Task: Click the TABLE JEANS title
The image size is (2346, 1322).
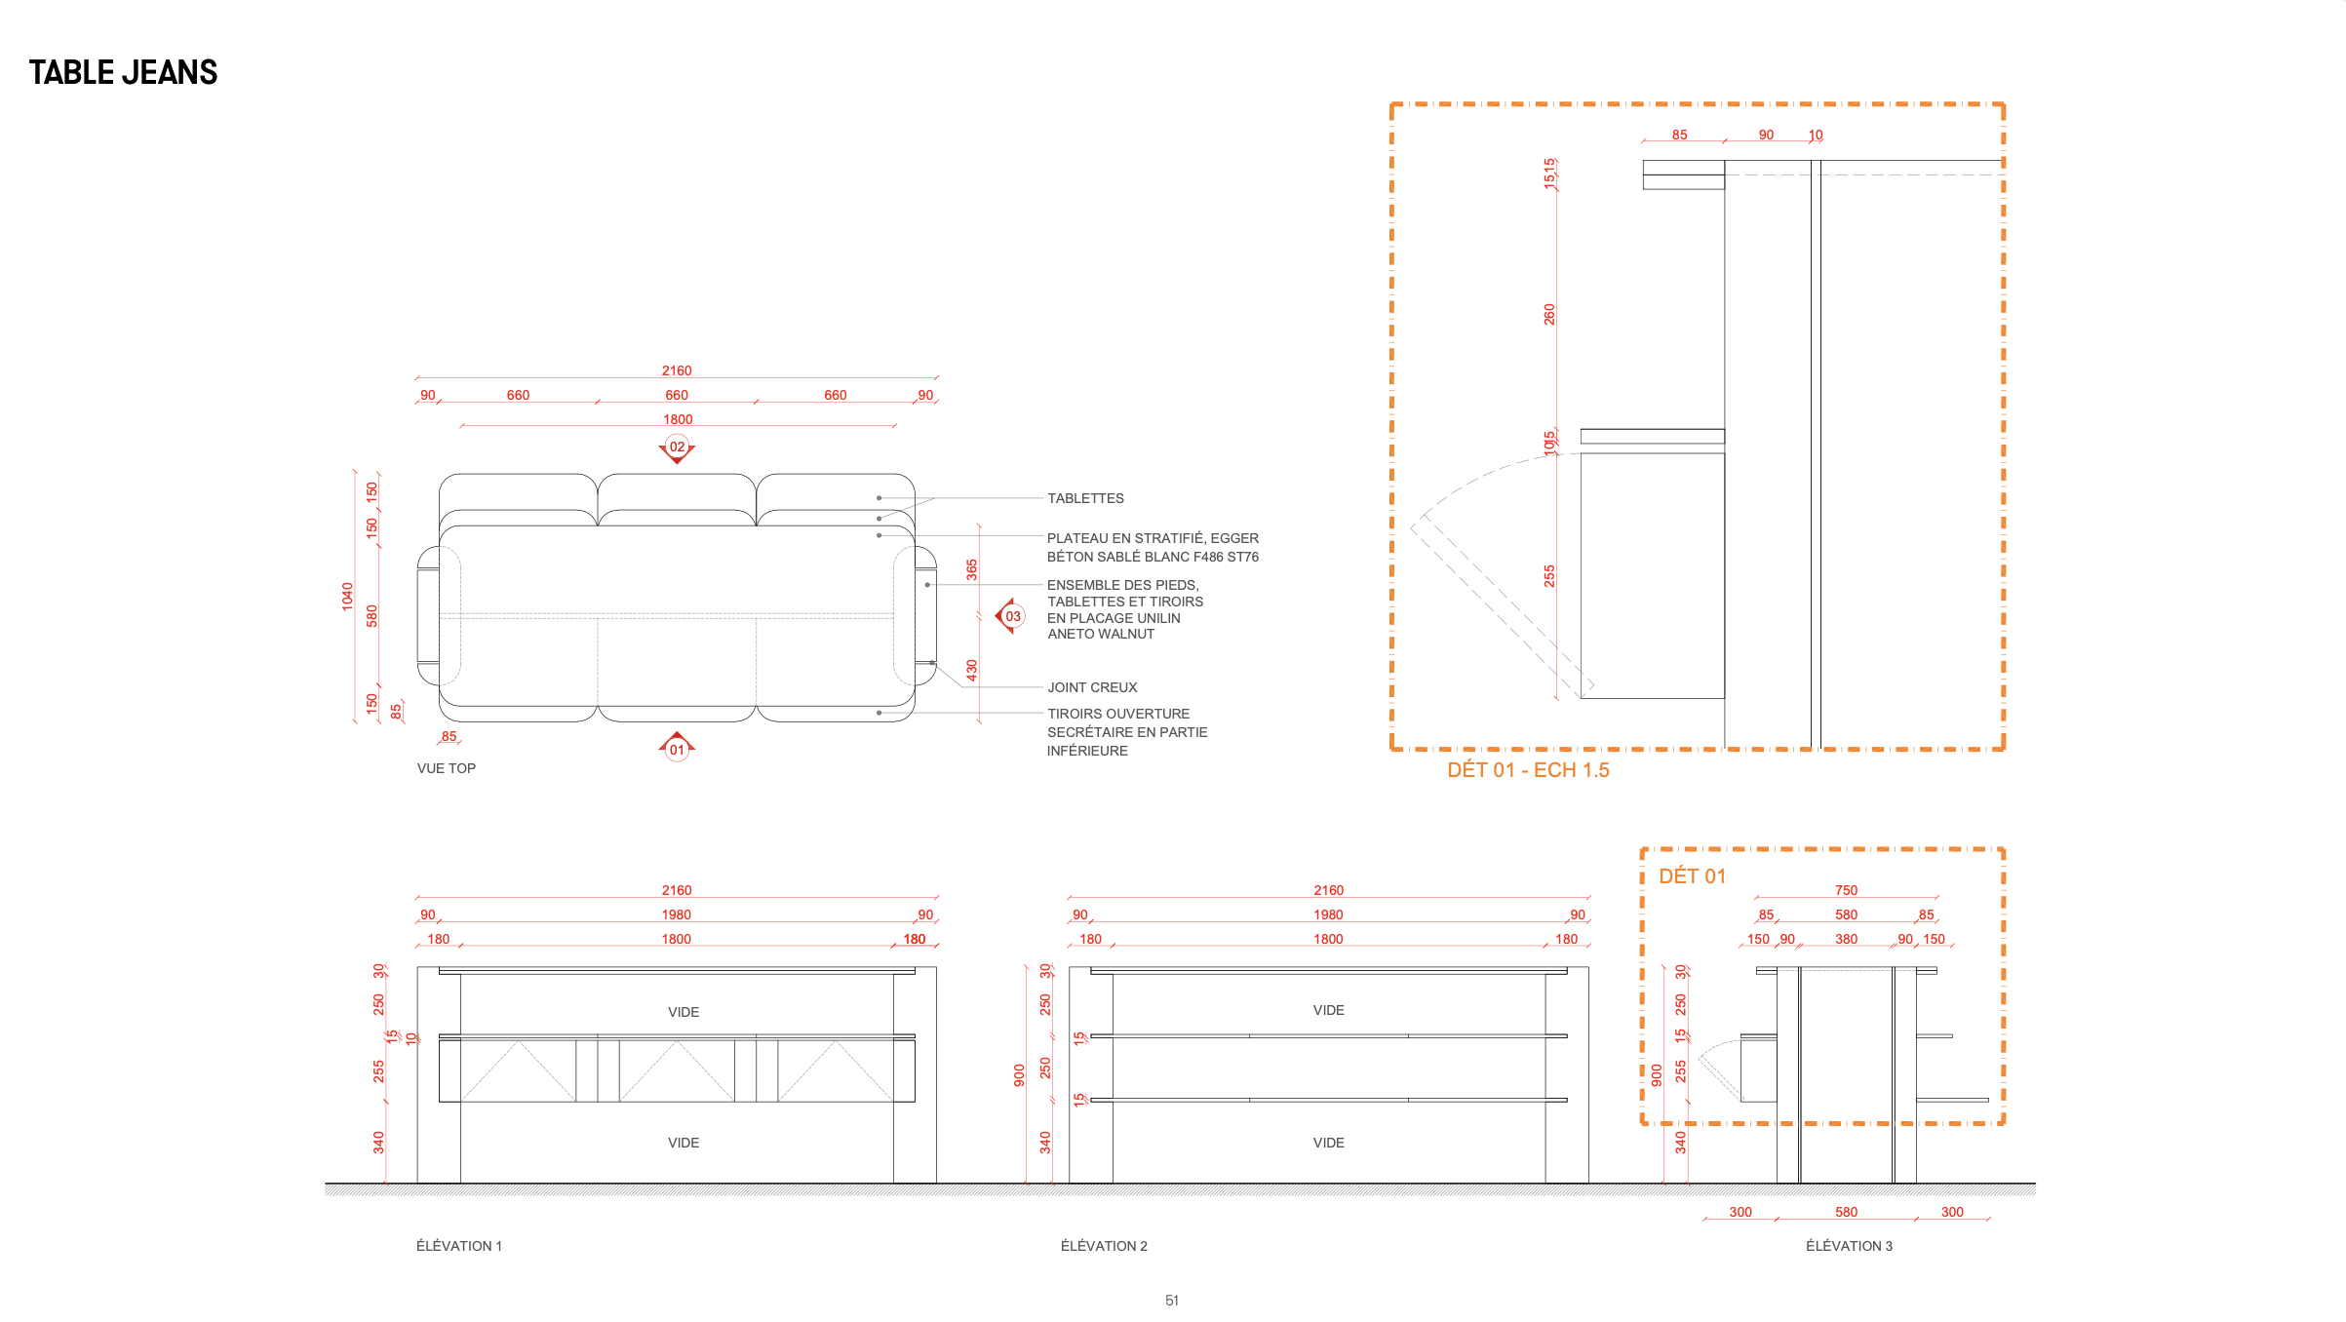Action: [123, 72]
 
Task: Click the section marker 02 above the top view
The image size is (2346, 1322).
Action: [677, 448]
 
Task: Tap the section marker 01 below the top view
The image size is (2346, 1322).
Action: [677, 747]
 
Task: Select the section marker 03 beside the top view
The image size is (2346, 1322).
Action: [1011, 616]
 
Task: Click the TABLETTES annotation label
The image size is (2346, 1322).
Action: [1085, 498]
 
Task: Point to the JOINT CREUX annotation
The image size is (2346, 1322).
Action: [1092, 687]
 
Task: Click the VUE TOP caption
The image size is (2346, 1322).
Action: [447, 768]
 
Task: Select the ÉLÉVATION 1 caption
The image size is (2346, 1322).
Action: [459, 1246]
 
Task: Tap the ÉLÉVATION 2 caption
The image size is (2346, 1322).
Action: [1104, 1246]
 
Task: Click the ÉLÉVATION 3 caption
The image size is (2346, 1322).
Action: [1849, 1246]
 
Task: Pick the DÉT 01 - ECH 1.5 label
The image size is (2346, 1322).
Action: [1528, 770]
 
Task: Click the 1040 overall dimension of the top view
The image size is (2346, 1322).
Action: [347, 597]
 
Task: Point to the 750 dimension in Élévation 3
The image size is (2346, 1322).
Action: [1846, 890]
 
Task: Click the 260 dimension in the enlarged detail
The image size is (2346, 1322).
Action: [1549, 314]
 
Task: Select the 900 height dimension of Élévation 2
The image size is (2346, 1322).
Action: [1019, 1075]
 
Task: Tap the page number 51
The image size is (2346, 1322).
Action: [1172, 1301]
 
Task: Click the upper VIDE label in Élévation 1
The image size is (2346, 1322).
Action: [684, 1012]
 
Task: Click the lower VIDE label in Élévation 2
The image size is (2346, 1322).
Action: [1328, 1143]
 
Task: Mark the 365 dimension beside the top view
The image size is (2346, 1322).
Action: [972, 569]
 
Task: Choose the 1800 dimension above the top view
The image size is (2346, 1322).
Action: [678, 419]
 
